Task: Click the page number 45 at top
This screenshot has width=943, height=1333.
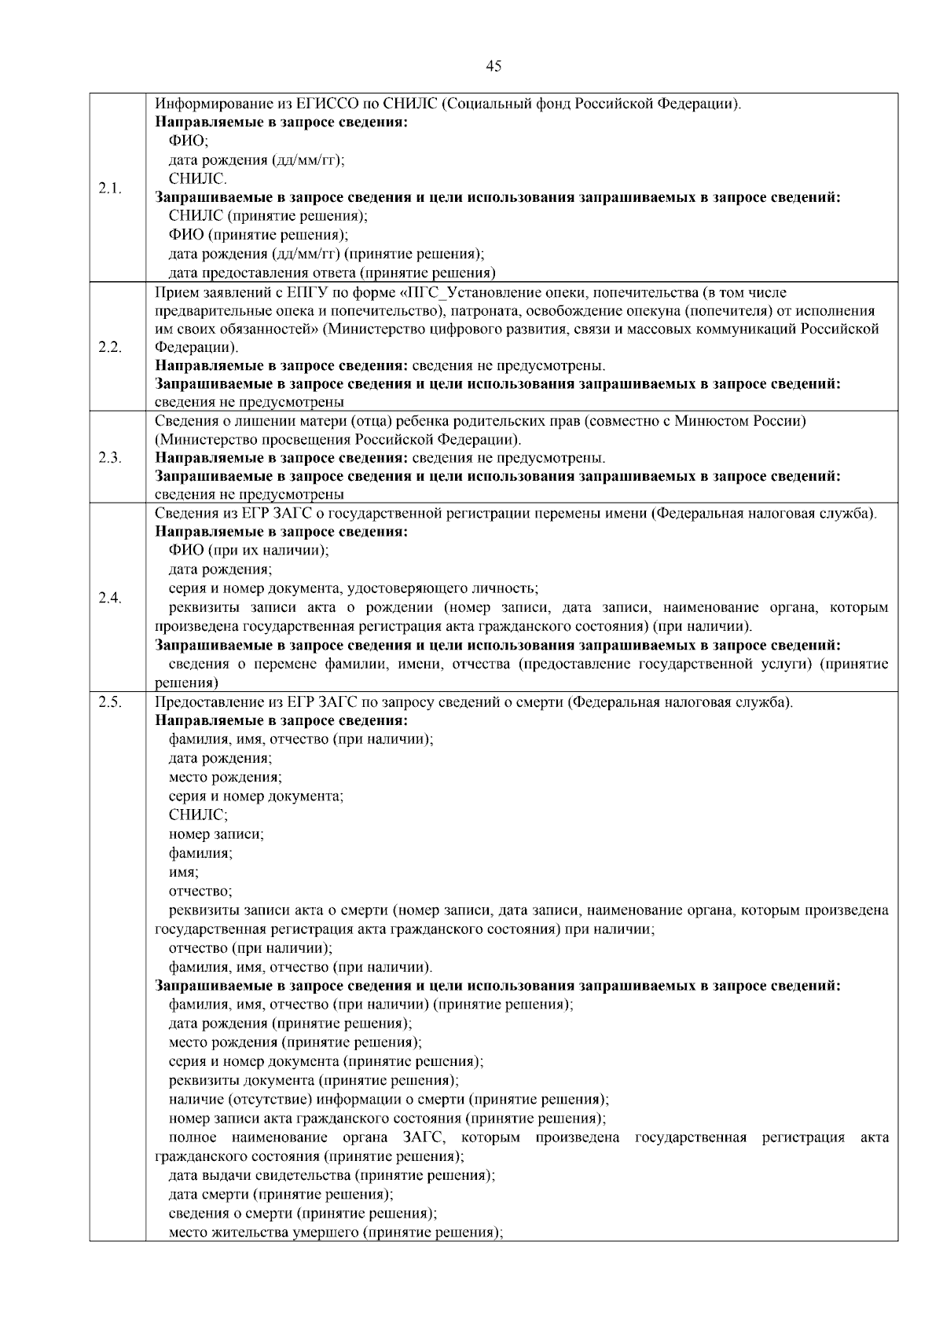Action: [494, 67]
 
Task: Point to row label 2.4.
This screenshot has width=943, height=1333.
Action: [110, 598]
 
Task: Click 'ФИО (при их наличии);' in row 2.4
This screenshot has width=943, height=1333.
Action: [249, 551]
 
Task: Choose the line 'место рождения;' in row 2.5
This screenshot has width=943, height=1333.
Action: [226, 778]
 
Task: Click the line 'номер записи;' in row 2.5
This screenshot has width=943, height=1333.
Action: [216, 834]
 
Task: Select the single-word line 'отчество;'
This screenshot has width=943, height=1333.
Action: [200, 891]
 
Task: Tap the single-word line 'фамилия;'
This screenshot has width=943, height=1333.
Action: [200, 853]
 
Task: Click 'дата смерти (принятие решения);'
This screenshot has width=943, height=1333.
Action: [281, 1195]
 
